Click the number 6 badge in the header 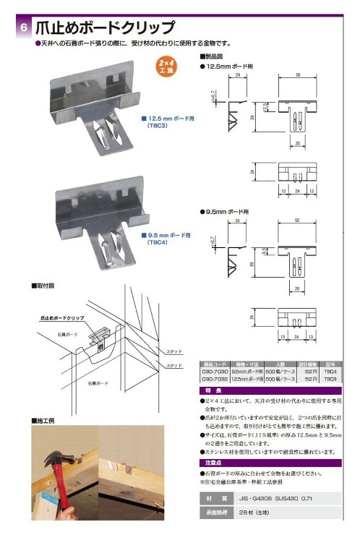tap(24, 28)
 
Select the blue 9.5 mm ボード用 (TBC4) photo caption tap(166, 239)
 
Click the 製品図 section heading tap(214, 56)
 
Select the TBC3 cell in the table tap(330, 379)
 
